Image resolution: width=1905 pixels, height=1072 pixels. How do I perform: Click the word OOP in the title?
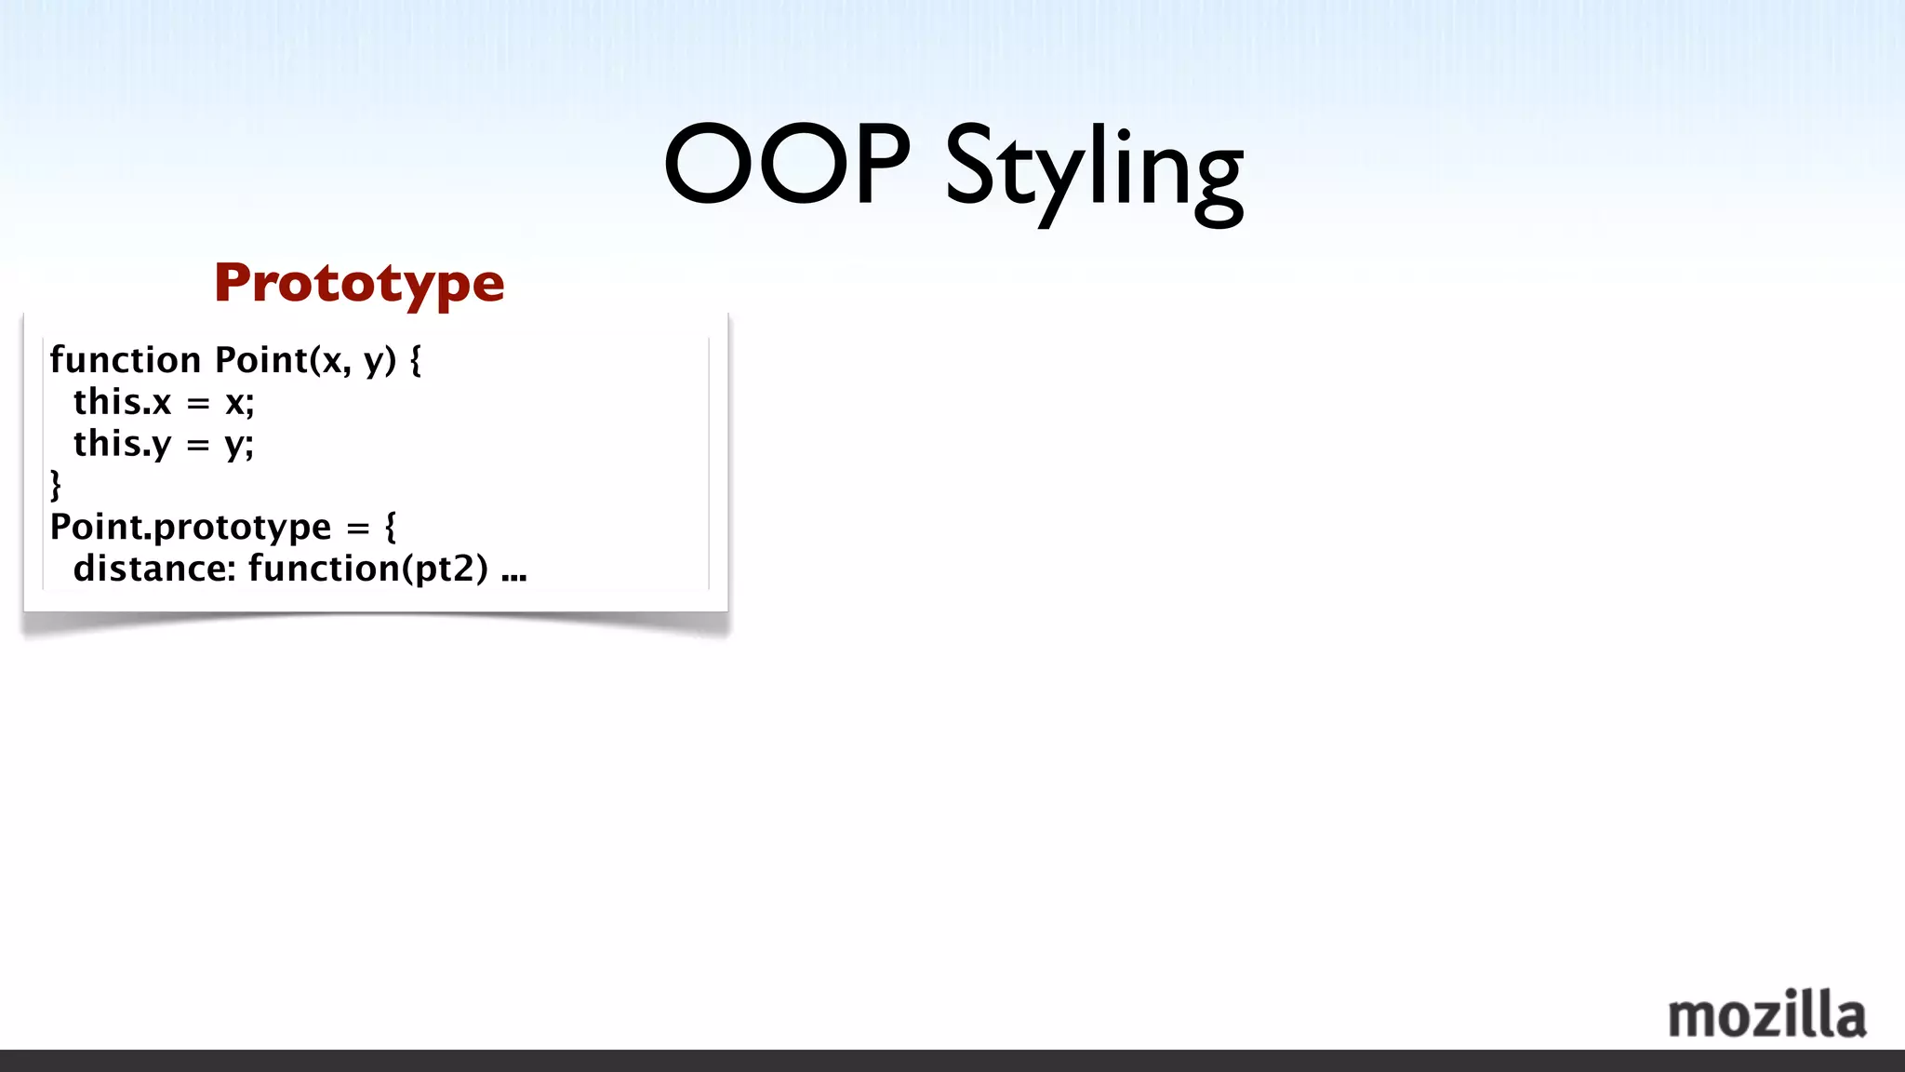[x=787, y=165]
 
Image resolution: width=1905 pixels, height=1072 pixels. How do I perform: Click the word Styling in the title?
[x=1094, y=172]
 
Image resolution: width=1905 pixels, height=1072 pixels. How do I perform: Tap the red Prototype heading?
[x=359, y=283]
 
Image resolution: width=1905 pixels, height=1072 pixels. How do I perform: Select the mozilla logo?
[x=1766, y=1015]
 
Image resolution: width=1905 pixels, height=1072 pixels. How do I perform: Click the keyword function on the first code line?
[x=126, y=360]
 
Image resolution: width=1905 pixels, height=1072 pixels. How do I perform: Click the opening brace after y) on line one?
[x=415, y=360]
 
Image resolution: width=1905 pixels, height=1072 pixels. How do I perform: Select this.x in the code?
[x=123, y=402]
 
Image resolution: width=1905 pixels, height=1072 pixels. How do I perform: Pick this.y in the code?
[x=123, y=444]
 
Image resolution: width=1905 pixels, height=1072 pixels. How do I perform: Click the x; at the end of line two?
[x=239, y=403]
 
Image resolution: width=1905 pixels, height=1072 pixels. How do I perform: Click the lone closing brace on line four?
[x=56, y=485]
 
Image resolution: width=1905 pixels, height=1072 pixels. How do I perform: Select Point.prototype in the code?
[x=191, y=528]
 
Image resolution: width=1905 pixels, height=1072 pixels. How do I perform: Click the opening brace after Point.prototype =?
[x=391, y=527]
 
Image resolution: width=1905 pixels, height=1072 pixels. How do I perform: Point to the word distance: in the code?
[x=154, y=569]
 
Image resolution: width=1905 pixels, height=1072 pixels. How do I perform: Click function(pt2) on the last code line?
[x=368, y=569]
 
